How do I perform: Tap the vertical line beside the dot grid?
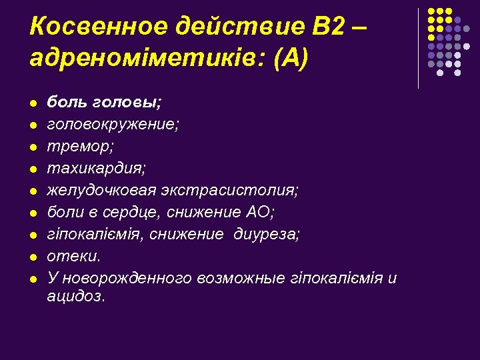(x=418, y=48)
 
